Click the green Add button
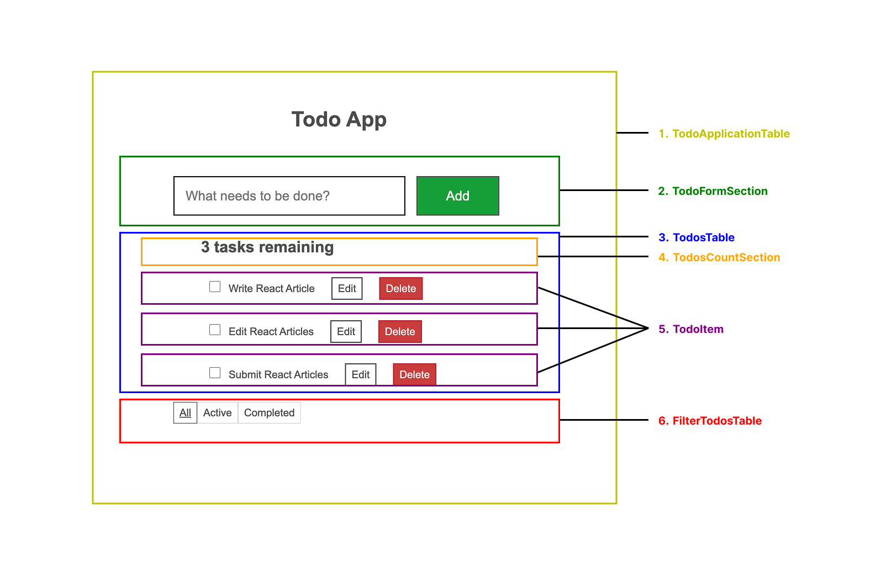[457, 196]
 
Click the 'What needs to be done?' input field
[289, 196]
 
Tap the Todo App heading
[339, 119]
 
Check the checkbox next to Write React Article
[215, 287]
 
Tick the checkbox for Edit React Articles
[215, 330]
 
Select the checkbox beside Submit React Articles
[215, 373]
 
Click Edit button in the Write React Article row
[347, 288]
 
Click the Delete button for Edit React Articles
[400, 331]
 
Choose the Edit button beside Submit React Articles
[361, 374]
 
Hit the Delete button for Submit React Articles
[414, 374]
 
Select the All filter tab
[185, 412]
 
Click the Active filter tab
[217, 412]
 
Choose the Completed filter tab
[269, 412]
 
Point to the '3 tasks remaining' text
[267, 247]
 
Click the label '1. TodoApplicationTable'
[724, 134]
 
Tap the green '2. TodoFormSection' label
[713, 191]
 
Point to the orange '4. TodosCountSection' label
[719, 257]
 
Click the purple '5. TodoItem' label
[691, 329]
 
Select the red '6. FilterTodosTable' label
[710, 421]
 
